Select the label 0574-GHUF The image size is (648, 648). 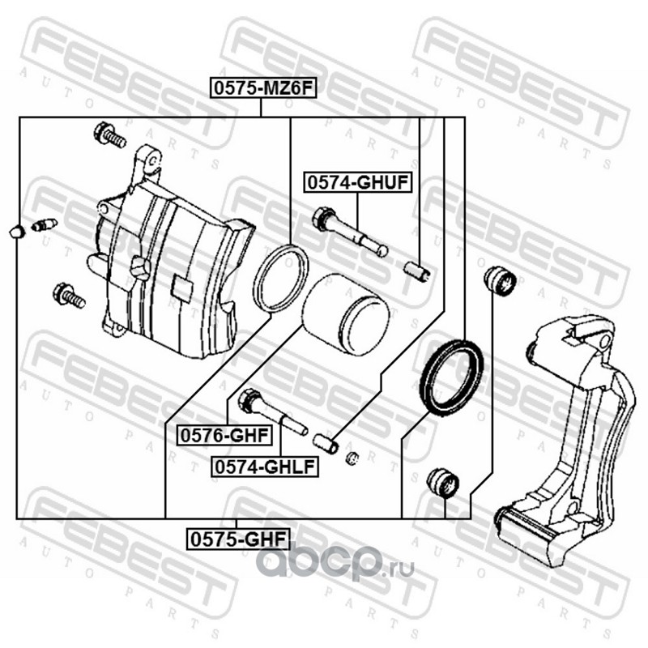[357, 185]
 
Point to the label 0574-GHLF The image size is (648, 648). [263, 467]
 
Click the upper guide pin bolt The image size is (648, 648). [348, 232]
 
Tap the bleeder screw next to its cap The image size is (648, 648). [43, 224]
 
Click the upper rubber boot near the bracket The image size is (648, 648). [499, 281]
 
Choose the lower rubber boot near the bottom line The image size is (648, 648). [442, 483]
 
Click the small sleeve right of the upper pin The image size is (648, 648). [418, 269]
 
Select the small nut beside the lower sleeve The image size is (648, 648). [351, 459]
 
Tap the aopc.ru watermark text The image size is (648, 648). [334, 560]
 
